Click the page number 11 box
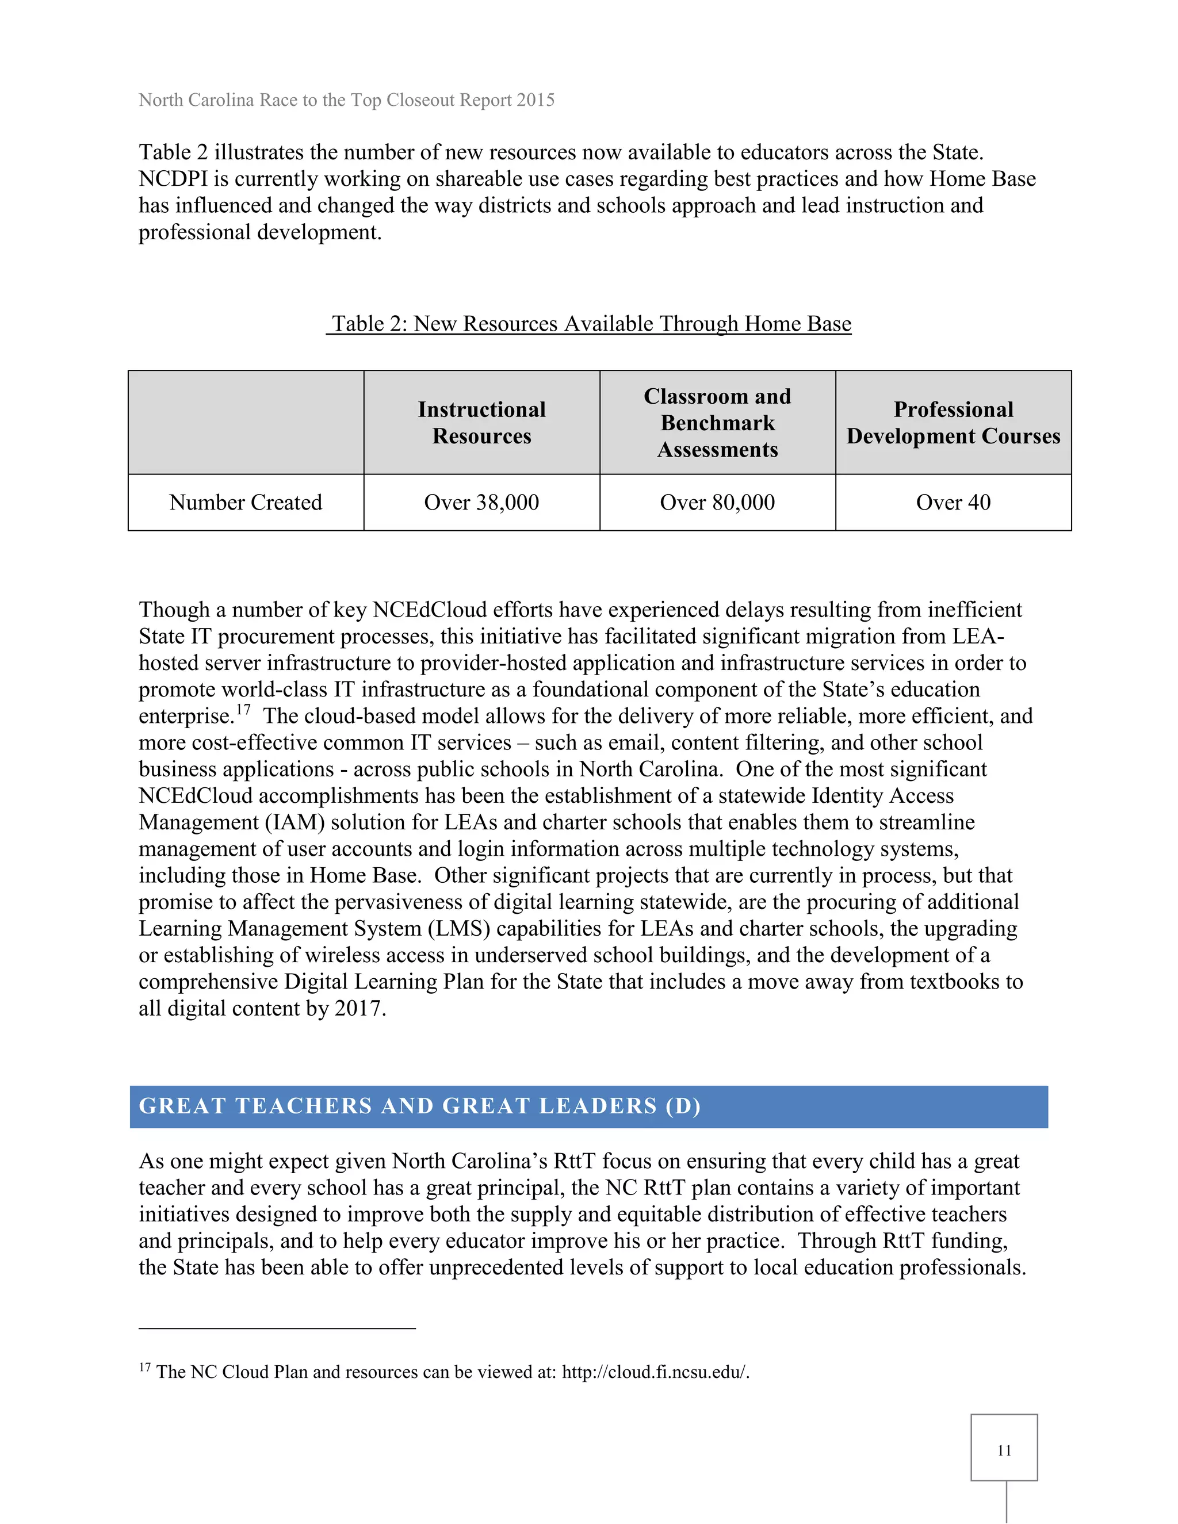(x=1004, y=1448)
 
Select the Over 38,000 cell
(x=481, y=503)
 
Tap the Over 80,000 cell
(x=717, y=503)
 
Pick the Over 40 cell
(x=953, y=503)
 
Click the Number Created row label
(x=246, y=503)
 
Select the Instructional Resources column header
(x=481, y=423)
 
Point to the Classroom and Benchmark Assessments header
(x=717, y=423)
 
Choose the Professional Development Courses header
(x=953, y=423)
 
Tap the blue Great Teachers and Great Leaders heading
(x=588, y=1106)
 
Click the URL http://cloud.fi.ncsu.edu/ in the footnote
(x=655, y=1372)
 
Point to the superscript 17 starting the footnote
(x=144, y=1367)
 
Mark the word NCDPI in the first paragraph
(x=173, y=179)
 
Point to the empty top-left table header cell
(x=246, y=423)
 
